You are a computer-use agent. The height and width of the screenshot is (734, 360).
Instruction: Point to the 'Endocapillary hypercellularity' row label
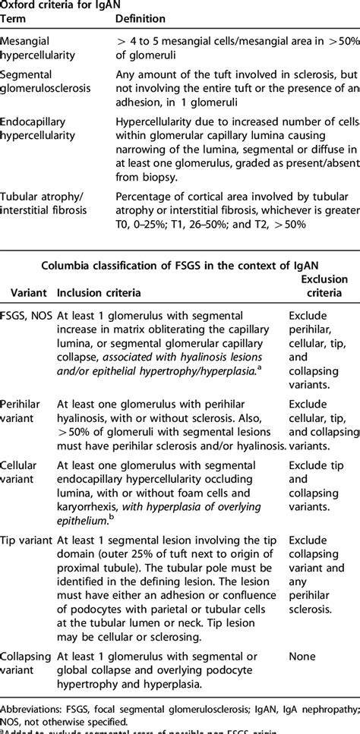[x=44, y=128]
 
